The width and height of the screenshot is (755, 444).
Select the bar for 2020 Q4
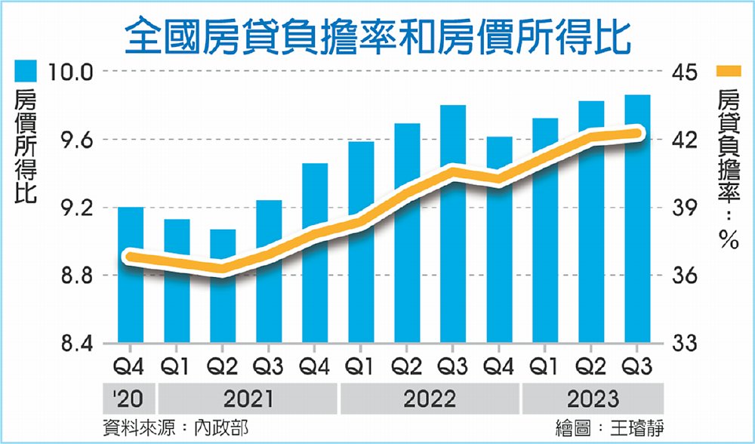131,275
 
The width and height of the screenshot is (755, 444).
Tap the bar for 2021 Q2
223,286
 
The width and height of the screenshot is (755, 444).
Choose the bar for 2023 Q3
637,219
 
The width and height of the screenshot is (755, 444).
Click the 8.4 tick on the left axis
70,344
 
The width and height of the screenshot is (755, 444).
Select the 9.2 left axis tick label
70,208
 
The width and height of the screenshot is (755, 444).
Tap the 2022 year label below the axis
430,398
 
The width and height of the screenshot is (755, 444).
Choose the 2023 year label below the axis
593,398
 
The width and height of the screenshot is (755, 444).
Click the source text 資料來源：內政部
174,428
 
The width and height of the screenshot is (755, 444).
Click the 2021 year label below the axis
249,398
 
